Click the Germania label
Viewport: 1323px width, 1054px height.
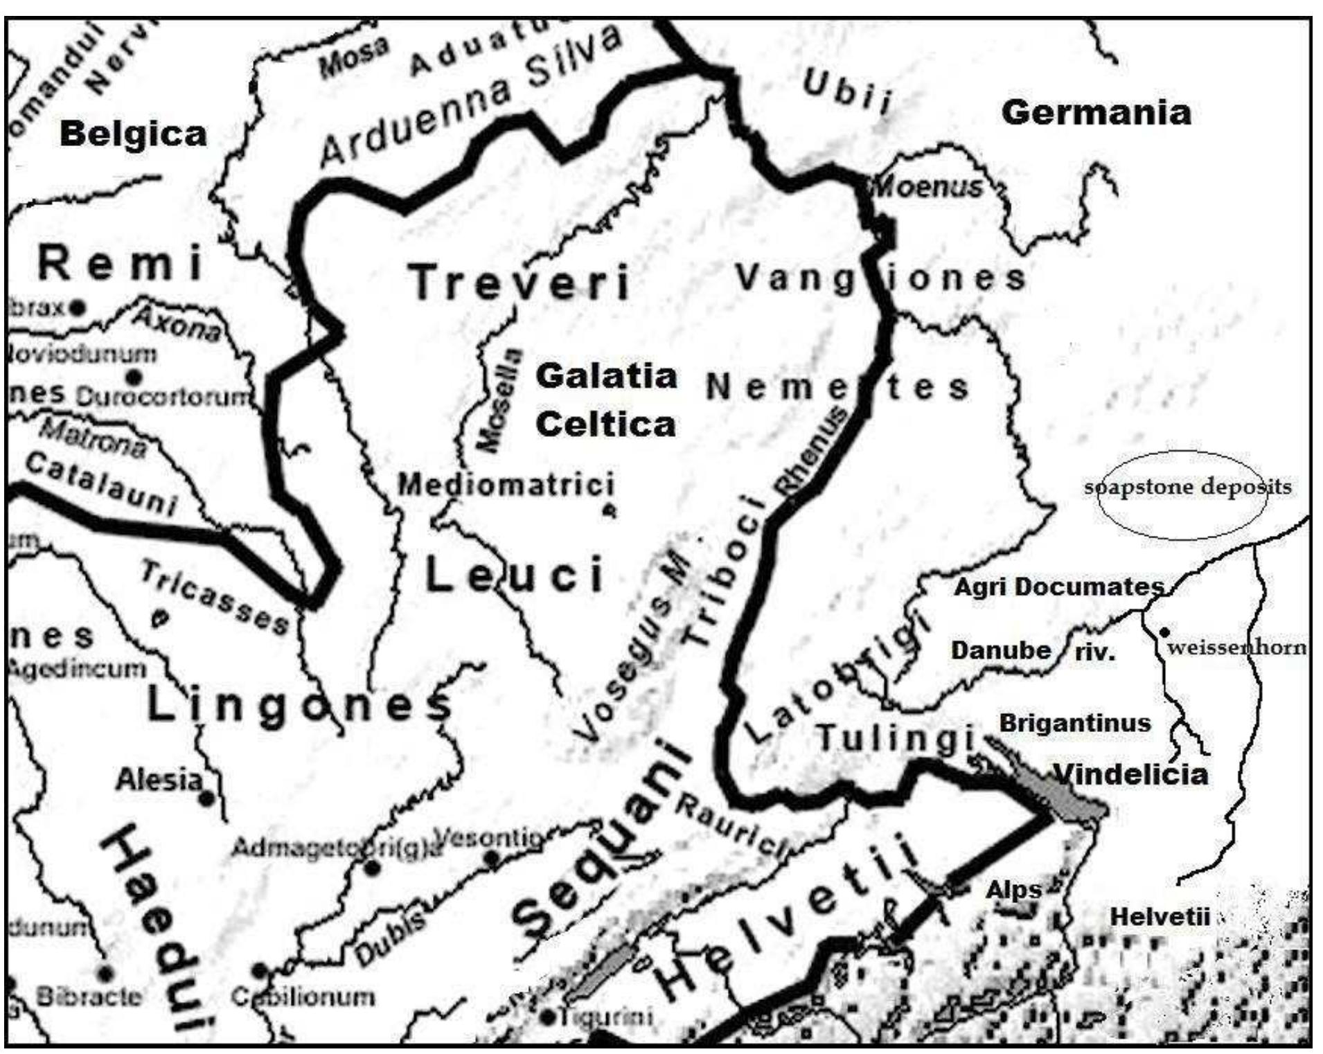click(x=1096, y=112)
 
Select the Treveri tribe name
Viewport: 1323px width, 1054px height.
click(x=520, y=283)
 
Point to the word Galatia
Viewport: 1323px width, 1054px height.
click(x=606, y=376)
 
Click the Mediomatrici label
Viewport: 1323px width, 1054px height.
click(x=506, y=484)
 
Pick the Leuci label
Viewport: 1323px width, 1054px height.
click(x=514, y=575)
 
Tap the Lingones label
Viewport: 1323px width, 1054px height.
click(x=298, y=706)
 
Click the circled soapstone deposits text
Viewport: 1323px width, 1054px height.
click(x=1187, y=487)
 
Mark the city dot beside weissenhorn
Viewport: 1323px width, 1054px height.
click(x=1164, y=632)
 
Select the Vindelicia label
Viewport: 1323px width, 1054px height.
click(x=1130, y=774)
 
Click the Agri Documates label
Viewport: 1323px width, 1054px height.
click(x=1058, y=587)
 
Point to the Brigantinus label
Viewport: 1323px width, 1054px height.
click(x=1074, y=724)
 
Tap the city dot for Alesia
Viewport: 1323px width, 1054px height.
click(x=206, y=798)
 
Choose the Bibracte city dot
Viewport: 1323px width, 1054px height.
click(x=105, y=974)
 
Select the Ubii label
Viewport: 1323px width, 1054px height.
click(x=846, y=92)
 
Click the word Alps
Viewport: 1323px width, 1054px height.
click(x=1014, y=890)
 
